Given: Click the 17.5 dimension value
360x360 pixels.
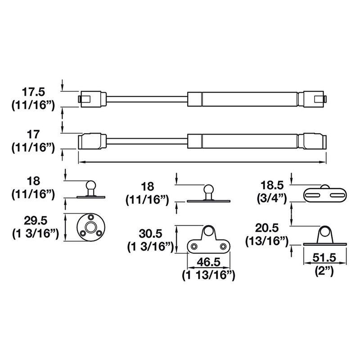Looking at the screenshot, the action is tap(33, 93).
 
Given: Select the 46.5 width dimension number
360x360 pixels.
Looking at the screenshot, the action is tap(208, 262).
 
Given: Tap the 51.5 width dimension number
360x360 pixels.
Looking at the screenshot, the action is tap(324, 258).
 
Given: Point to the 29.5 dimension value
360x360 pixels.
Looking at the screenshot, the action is tap(36, 221).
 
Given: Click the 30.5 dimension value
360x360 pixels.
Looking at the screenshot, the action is tap(150, 234).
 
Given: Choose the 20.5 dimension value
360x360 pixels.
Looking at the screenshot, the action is tap(267, 228).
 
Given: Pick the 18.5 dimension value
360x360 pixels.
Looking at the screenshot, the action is tap(272, 185).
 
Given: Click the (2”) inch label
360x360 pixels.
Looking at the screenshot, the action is tap(324, 271).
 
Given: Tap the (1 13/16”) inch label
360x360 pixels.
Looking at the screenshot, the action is tap(209, 275).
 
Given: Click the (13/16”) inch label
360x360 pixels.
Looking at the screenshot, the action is tap(267, 242).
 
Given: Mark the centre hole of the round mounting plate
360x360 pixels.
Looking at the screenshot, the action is tap(91, 227).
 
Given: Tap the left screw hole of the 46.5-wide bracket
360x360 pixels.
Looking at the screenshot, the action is tap(194, 246).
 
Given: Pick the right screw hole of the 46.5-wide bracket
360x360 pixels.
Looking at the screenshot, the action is tap(223, 246).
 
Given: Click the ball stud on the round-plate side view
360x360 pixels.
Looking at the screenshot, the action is tap(90, 185).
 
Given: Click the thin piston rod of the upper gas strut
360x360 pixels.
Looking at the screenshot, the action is tap(147, 99).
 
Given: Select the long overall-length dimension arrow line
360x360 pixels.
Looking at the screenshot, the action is tap(202, 162).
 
